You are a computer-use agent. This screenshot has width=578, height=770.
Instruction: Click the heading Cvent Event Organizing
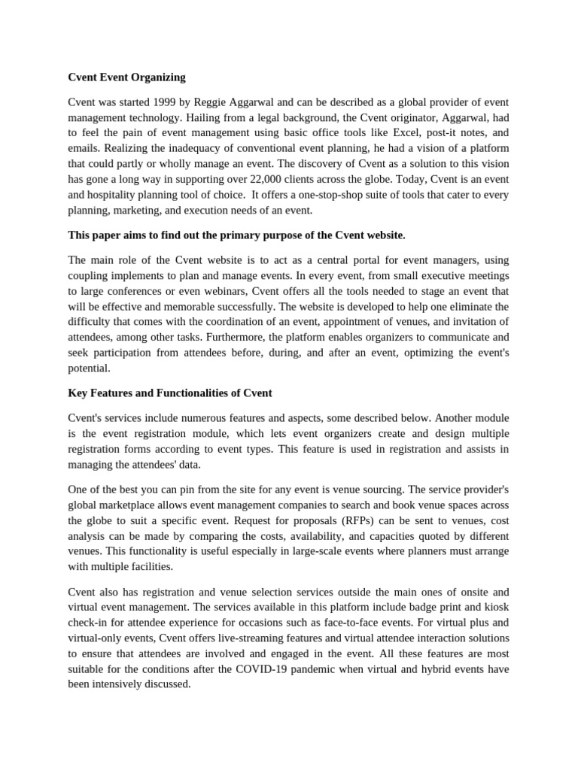click(126, 77)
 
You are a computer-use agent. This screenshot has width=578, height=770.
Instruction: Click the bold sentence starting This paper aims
click(236, 235)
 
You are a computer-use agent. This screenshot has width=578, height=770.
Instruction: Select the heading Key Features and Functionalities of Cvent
click(170, 393)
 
